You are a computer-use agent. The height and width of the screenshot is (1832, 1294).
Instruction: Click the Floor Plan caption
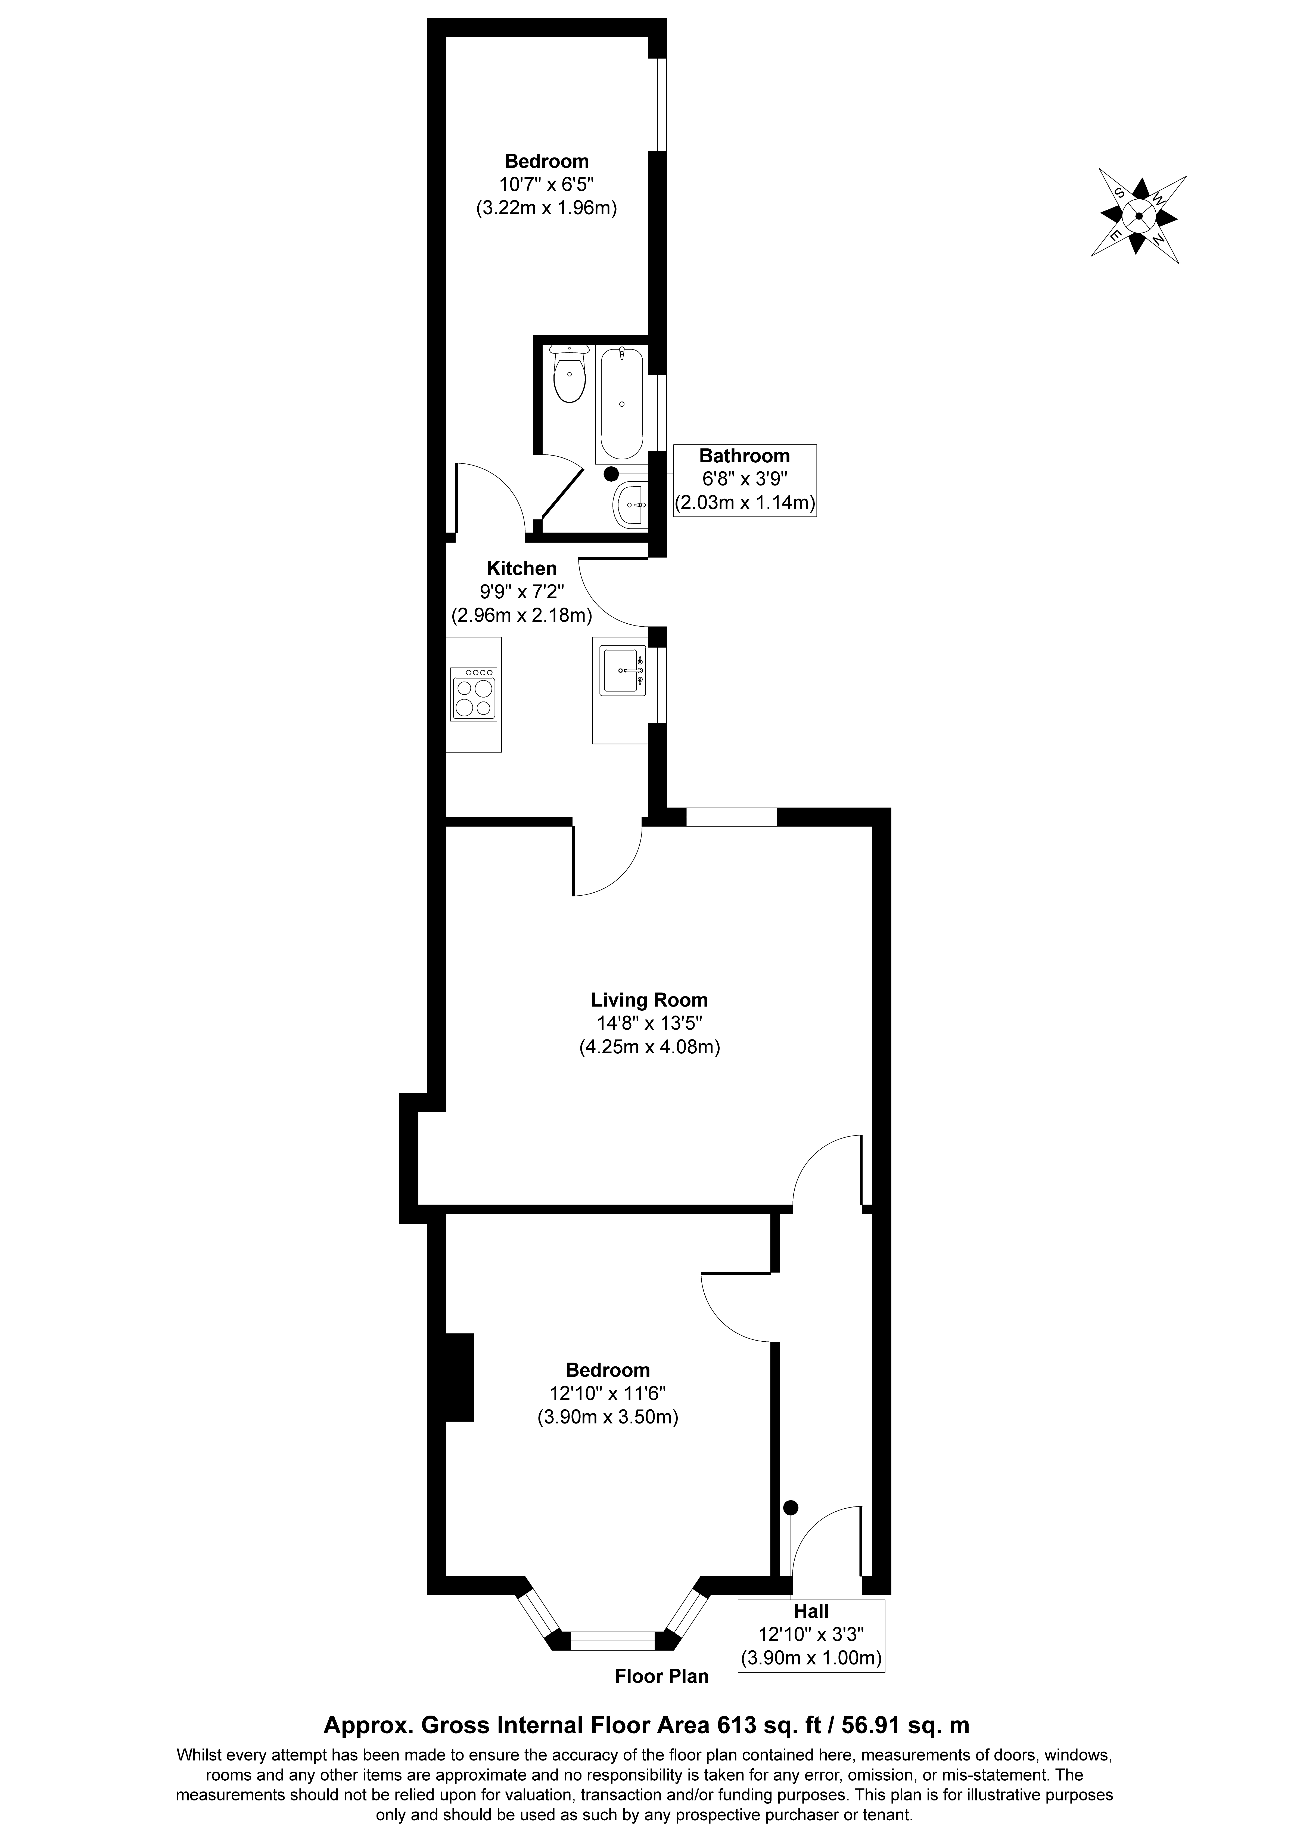[661, 1676]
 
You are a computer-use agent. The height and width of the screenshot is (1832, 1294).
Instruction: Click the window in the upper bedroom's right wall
[657, 104]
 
